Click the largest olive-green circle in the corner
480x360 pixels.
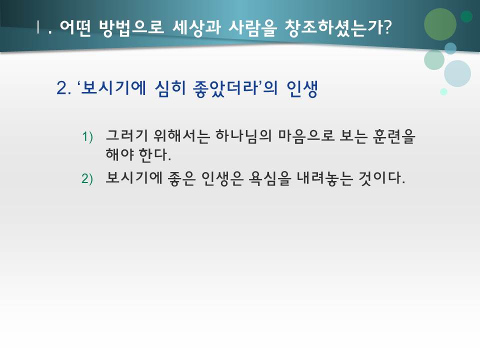[440, 24]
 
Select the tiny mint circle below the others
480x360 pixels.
[443, 91]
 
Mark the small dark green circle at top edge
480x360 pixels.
[466, 16]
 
